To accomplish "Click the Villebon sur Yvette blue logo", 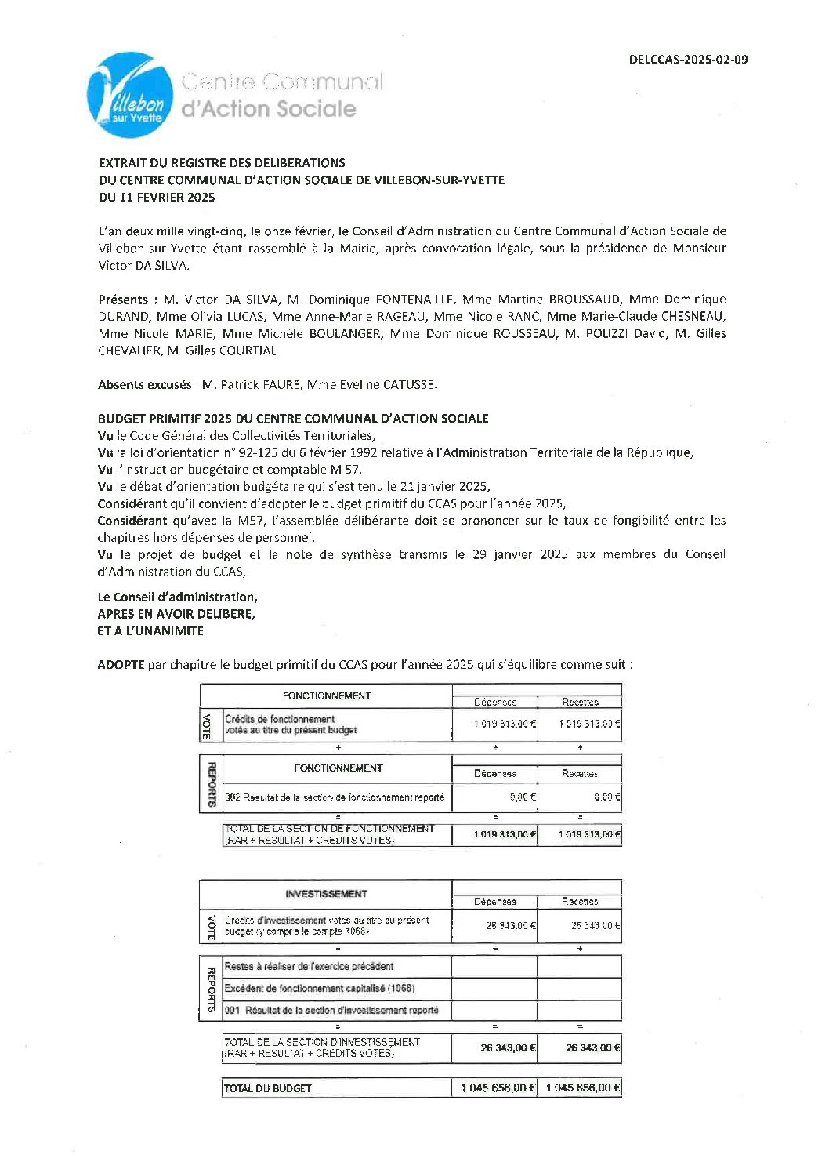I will coord(130,96).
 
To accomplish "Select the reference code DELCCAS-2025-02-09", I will coord(688,60).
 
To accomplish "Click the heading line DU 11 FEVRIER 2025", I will coord(157,197).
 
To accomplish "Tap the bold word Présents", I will coord(123,300).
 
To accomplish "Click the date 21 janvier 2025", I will coord(443,486).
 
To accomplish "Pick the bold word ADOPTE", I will coord(121,664).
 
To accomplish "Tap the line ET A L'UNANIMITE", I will coord(150,630).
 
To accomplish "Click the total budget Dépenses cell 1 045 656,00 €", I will coord(498,1088).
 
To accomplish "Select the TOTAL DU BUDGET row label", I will coord(268,1088).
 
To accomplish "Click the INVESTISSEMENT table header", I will coord(326,894).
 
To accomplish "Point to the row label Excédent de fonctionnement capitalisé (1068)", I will coord(320,989).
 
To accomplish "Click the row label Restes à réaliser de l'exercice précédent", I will coord(309,967).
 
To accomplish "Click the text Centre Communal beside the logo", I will coord(282,82).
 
